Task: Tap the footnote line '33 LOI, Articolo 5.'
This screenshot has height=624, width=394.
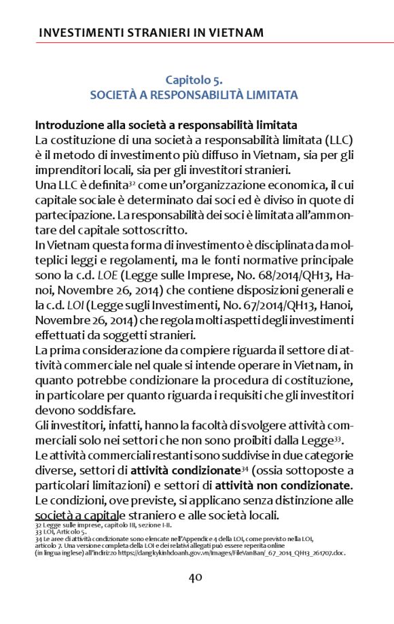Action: pyautogui.click(x=60, y=532)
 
